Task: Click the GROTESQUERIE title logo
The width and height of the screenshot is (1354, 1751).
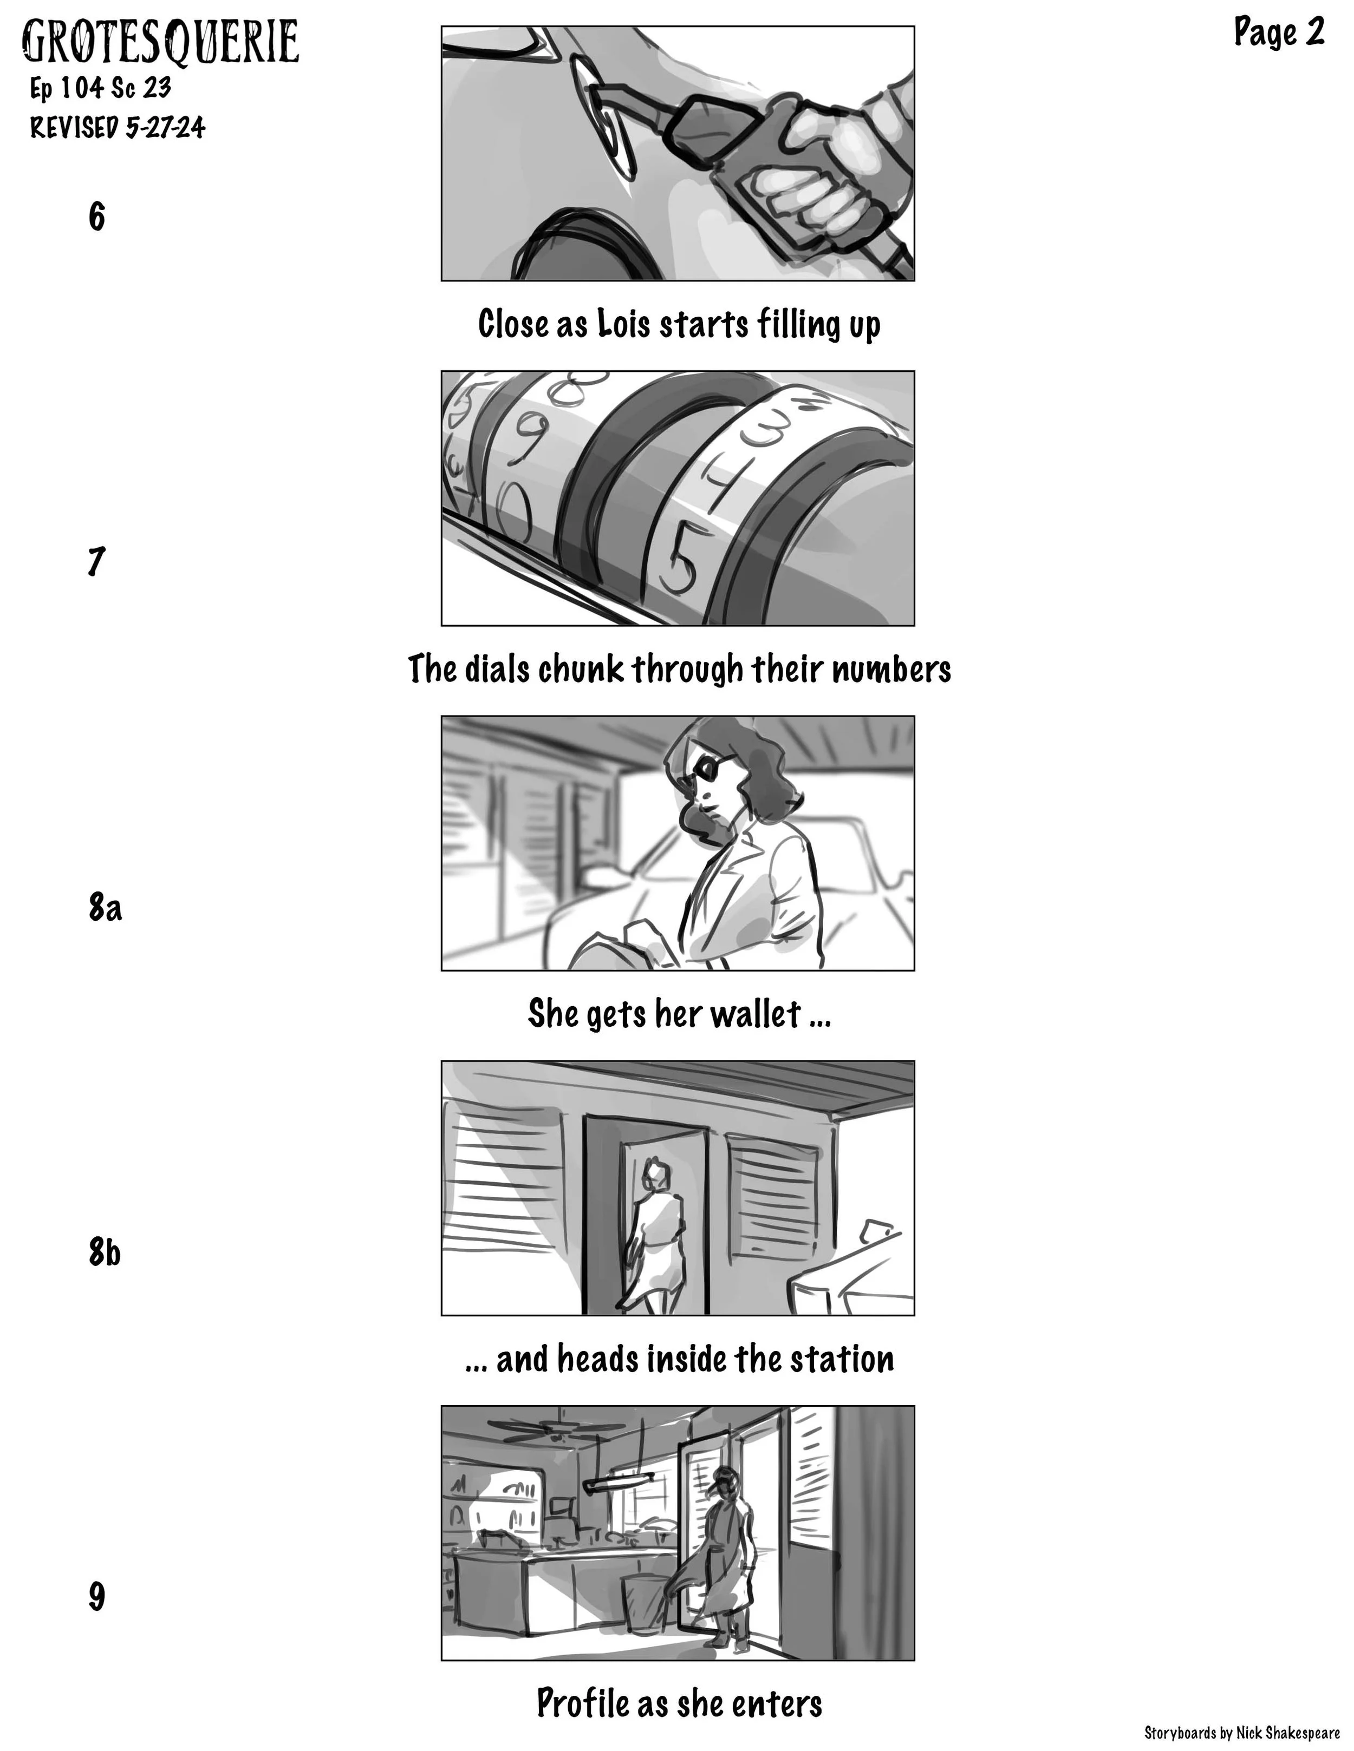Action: pos(160,42)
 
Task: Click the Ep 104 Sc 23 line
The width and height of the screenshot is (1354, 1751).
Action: pos(100,87)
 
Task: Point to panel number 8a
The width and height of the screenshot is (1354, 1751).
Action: pos(105,908)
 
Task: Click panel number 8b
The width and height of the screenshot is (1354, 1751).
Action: pos(105,1252)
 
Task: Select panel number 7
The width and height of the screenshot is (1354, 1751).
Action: pos(96,561)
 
